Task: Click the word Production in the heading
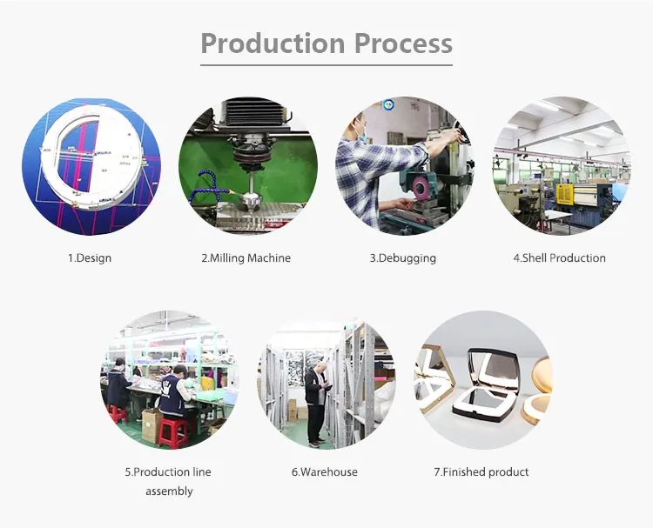[x=272, y=43]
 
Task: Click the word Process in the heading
[x=401, y=43]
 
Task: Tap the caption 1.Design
[x=90, y=258]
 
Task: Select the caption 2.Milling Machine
[x=246, y=258]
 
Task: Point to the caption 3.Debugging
[x=402, y=258]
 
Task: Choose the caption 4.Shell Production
[x=559, y=258]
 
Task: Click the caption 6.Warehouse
[x=324, y=472]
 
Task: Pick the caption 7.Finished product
[x=481, y=472]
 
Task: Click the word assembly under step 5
[x=169, y=491]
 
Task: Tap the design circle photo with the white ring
[x=91, y=165]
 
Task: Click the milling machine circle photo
[x=247, y=165]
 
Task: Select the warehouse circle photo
[x=326, y=379]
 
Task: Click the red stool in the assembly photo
[x=173, y=431]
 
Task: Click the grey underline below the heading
[x=326, y=63]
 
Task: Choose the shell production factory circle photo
[x=561, y=165]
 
